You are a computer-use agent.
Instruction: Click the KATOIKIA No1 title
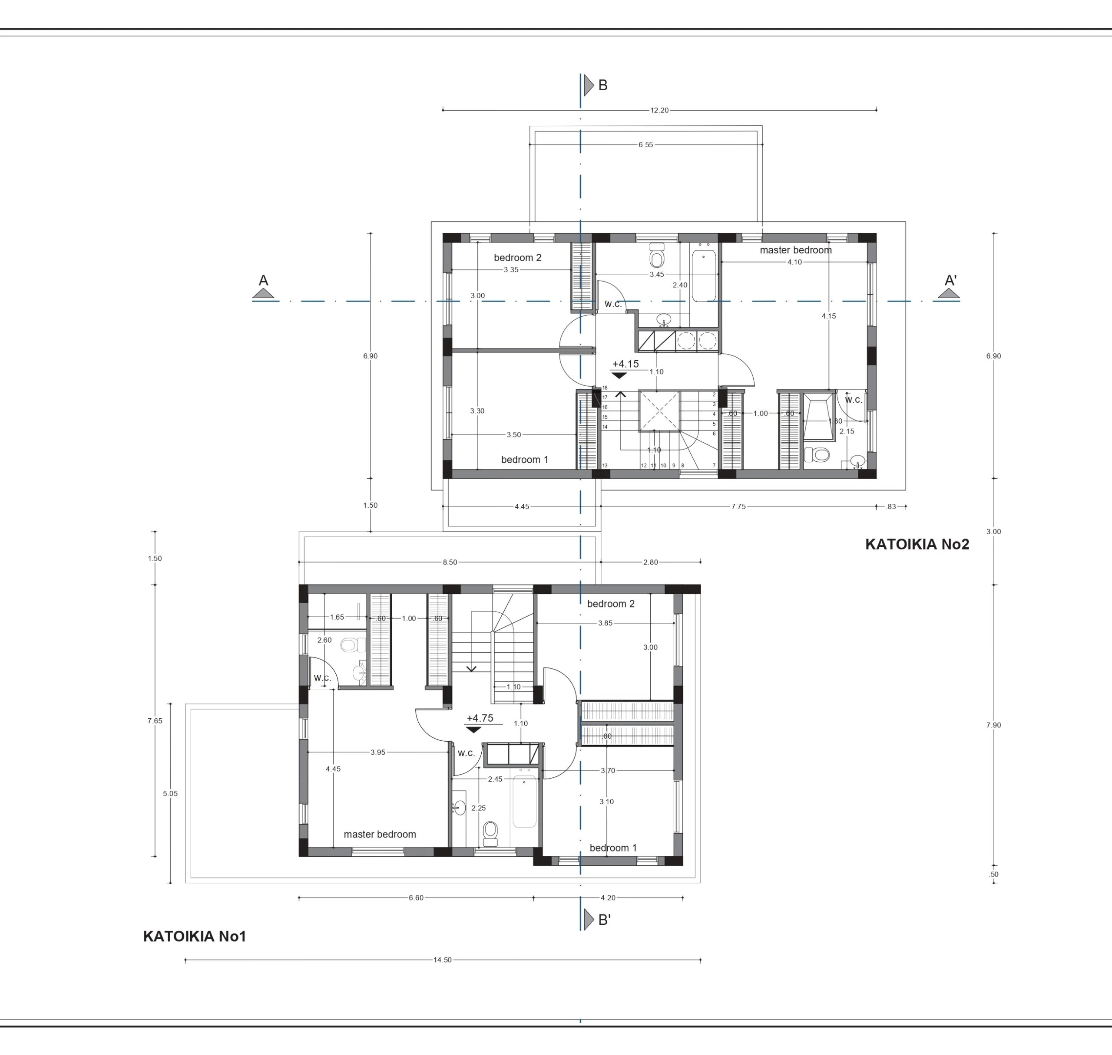click(x=195, y=937)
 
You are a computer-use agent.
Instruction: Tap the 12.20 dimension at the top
click(x=659, y=110)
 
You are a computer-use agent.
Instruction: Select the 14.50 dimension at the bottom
click(x=442, y=960)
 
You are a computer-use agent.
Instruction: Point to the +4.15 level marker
click(x=625, y=364)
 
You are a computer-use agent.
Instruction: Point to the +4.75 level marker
click(x=480, y=718)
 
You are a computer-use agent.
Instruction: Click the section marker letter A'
click(x=950, y=280)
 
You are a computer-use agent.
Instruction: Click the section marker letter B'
click(x=604, y=920)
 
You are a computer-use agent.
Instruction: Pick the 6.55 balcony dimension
click(x=645, y=145)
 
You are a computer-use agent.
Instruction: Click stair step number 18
click(x=605, y=388)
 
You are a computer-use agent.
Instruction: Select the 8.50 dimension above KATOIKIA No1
click(x=450, y=562)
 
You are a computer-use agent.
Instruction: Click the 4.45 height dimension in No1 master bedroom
click(x=333, y=769)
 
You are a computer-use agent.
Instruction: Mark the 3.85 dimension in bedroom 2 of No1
click(x=605, y=623)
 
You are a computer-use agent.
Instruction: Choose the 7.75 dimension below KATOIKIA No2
click(x=738, y=507)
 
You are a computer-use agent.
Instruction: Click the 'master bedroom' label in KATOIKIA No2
click(x=796, y=250)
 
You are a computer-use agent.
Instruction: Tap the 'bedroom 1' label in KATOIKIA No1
click(x=613, y=848)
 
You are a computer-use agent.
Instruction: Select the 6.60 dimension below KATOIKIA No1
click(x=416, y=898)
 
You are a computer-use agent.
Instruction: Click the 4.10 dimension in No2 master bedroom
click(x=794, y=262)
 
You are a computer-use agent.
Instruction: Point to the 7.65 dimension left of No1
click(x=155, y=721)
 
